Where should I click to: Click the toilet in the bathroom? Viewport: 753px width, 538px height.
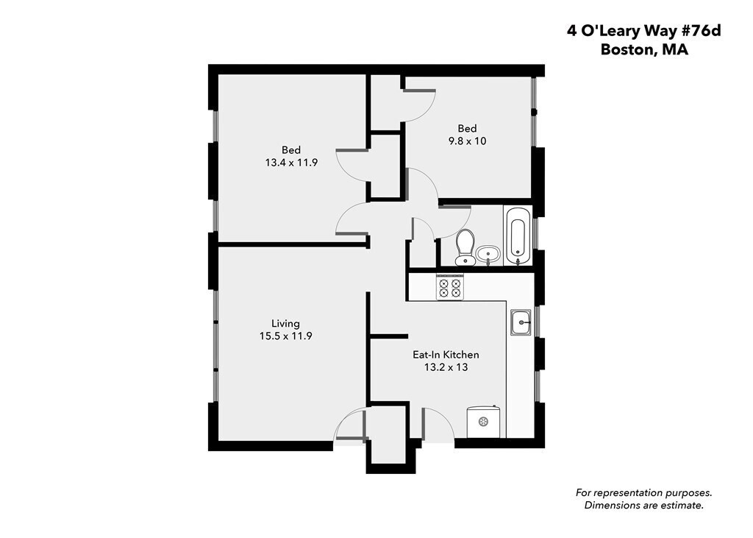pyautogui.click(x=465, y=247)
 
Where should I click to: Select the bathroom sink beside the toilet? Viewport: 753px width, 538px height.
pyautogui.click(x=488, y=254)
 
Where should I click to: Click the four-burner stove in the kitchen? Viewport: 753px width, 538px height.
pyautogui.click(x=449, y=288)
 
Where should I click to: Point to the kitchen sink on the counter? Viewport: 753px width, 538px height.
pyautogui.click(x=521, y=322)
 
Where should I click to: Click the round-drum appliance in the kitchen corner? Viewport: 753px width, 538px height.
pyautogui.click(x=484, y=422)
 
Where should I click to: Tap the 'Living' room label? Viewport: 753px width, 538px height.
pyautogui.click(x=286, y=324)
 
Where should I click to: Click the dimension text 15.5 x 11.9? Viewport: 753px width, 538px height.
pyautogui.click(x=286, y=336)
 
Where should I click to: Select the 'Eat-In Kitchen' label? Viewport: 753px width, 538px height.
pyautogui.click(x=446, y=355)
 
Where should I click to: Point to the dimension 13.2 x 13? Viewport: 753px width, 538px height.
pyautogui.click(x=446, y=367)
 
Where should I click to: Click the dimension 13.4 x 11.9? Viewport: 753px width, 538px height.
pyautogui.click(x=291, y=163)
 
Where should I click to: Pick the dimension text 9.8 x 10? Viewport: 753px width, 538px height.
pyautogui.click(x=467, y=141)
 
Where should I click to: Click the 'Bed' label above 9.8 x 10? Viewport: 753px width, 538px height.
pyautogui.click(x=467, y=128)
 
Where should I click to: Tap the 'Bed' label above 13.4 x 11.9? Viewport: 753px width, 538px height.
pyautogui.click(x=291, y=150)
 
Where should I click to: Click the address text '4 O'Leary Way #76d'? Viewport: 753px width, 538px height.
pyautogui.click(x=644, y=31)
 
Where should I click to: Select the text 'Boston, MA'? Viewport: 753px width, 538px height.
pyautogui.click(x=644, y=49)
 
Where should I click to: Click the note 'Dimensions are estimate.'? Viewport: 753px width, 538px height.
pyautogui.click(x=644, y=506)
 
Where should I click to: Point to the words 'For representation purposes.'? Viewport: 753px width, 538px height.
pyautogui.click(x=644, y=493)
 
